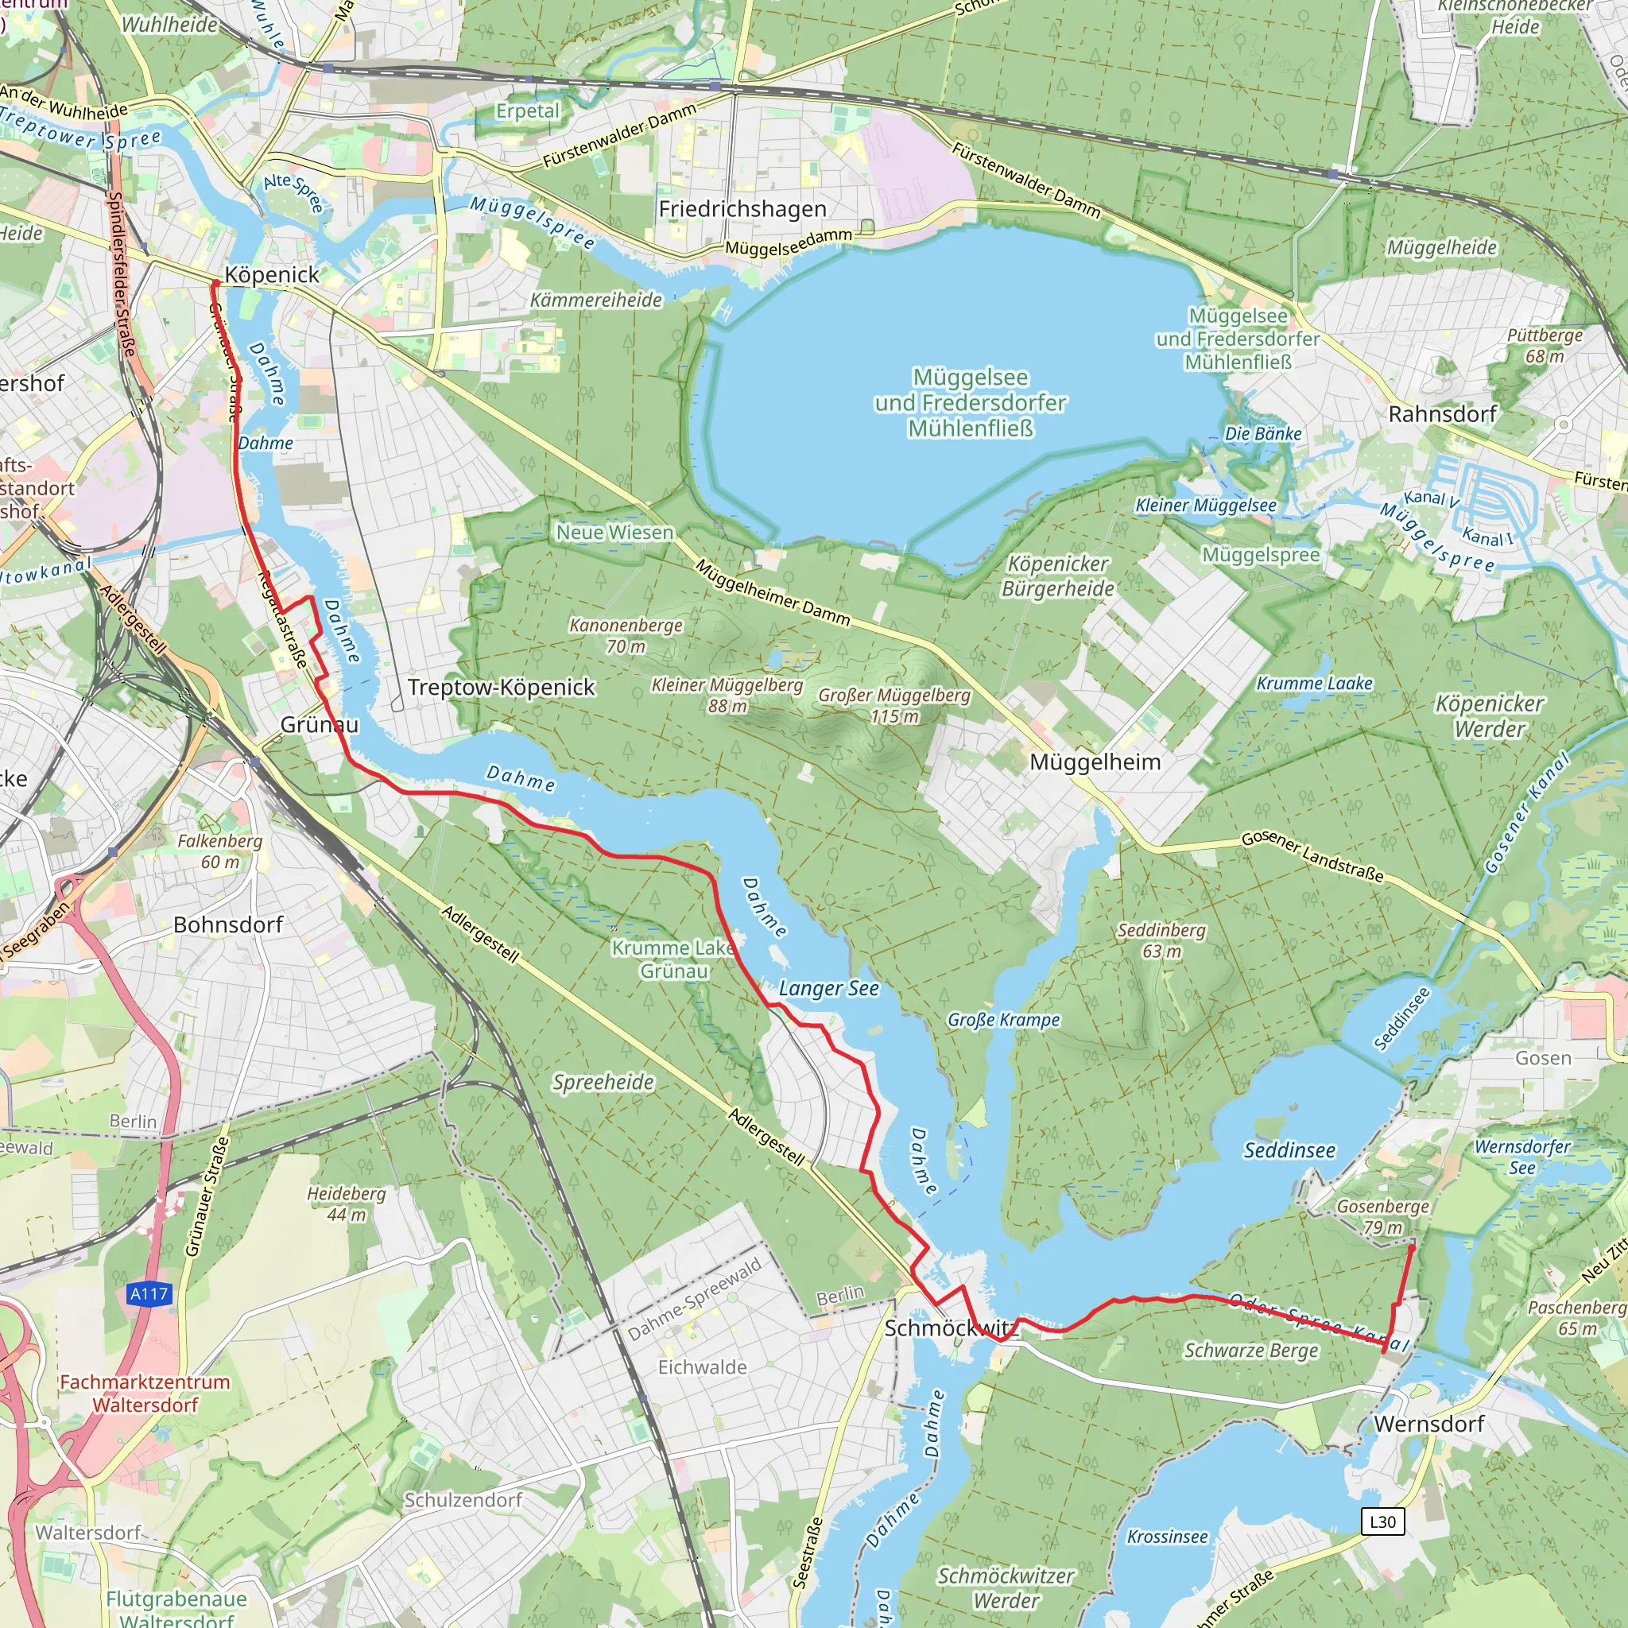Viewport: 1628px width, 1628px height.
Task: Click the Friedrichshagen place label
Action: click(742, 209)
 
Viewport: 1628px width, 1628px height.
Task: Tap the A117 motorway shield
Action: click(149, 1293)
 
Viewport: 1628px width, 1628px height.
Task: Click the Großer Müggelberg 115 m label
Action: click(894, 706)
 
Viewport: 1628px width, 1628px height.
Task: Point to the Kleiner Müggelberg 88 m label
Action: click(727, 696)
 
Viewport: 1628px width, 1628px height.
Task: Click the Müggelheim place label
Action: click(1095, 762)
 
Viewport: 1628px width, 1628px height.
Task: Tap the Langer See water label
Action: click(828, 988)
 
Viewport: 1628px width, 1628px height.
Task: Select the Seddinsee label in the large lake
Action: click(1289, 1151)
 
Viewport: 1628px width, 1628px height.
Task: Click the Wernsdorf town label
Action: click(1429, 1424)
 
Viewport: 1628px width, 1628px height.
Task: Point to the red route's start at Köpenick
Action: click(215, 283)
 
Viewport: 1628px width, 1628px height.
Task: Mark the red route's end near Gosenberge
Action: click(1413, 1246)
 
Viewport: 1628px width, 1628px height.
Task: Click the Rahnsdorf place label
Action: click(1443, 415)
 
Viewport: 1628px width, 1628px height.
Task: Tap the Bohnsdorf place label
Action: click(227, 924)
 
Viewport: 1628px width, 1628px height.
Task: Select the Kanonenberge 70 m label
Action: click(626, 635)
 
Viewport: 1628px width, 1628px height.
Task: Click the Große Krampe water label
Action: click(1004, 1020)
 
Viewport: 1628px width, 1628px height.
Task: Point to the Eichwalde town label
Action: click(702, 1367)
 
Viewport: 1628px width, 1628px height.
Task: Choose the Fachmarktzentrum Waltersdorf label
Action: click(145, 1393)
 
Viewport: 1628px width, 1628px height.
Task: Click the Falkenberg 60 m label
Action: click(220, 851)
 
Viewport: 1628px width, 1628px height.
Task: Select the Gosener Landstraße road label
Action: click(1312, 856)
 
